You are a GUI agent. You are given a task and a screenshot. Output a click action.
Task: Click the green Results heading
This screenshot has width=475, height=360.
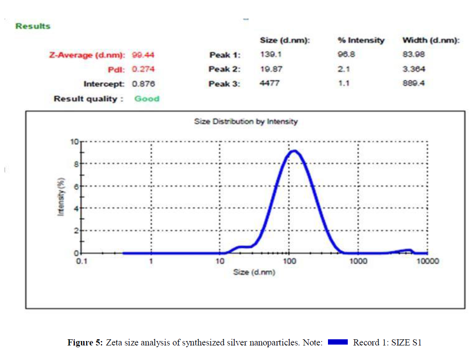(33, 26)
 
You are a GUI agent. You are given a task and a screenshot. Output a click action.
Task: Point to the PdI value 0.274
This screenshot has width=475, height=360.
(143, 69)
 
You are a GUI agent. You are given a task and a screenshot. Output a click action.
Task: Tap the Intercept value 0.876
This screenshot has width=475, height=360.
(143, 84)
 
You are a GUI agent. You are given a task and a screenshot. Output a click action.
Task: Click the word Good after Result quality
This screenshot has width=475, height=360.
(147, 99)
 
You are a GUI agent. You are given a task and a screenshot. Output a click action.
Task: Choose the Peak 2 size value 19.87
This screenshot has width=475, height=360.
(271, 69)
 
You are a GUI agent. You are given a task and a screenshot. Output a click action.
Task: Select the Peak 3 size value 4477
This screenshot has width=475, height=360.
(269, 84)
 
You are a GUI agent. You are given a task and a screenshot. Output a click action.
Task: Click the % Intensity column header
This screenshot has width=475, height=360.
(361, 41)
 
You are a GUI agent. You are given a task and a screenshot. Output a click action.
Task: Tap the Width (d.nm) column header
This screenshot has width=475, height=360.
(431, 41)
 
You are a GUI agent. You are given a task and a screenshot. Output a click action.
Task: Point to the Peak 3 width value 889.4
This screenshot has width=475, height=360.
(413, 84)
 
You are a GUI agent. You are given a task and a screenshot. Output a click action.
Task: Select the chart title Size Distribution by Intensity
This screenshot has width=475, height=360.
(246, 121)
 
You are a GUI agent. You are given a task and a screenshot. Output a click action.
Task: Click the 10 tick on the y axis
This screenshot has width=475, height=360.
(74, 142)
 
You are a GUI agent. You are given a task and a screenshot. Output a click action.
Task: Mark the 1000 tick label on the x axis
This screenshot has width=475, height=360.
(358, 261)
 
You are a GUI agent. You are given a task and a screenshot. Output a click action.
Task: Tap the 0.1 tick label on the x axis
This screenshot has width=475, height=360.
(82, 261)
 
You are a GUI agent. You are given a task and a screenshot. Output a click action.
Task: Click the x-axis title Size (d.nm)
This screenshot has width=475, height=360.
(254, 272)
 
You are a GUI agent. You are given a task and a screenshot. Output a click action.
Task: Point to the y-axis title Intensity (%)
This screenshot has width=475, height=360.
(61, 197)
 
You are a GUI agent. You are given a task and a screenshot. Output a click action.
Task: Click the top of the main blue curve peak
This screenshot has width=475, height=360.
(294, 151)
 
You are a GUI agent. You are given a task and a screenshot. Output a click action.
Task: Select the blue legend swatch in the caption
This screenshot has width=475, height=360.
(338, 342)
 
